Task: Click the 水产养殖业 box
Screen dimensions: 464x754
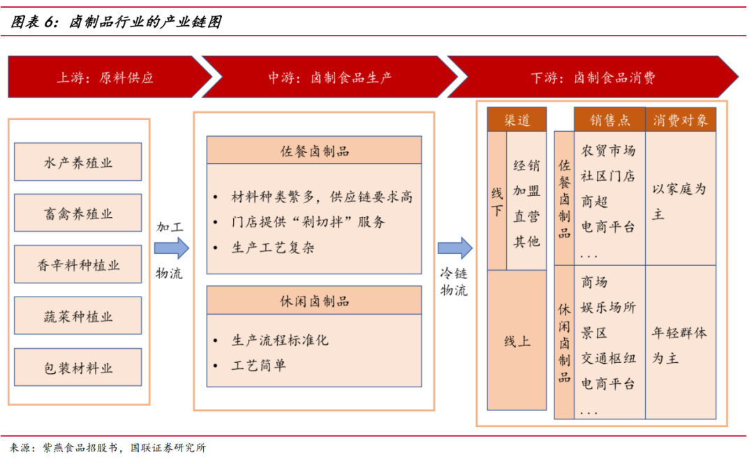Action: click(78, 163)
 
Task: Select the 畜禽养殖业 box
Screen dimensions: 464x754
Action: click(78, 214)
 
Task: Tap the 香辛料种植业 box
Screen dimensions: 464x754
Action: click(78, 264)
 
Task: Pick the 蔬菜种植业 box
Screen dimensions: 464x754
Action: click(78, 316)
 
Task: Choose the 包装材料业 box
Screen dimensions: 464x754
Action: click(78, 368)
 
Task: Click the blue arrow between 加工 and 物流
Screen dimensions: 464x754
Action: click(171, 248)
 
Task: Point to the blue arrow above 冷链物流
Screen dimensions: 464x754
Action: click(454, 248)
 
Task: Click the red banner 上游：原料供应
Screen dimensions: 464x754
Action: click(105, 77)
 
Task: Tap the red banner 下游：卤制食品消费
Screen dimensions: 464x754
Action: click(593, 77)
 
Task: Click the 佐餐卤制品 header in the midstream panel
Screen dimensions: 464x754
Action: click(314, 151)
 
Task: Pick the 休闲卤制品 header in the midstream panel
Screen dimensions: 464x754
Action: click(314, 301)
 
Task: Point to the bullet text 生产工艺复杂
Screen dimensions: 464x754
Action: click(273, 248)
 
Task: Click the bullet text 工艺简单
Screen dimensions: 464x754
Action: click(259, 365)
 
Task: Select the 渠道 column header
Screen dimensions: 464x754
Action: click(517, 120)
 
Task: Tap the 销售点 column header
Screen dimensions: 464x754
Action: click(609, 120)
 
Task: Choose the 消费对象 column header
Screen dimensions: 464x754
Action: click(681, 120)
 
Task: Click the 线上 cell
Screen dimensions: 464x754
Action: click(517, 341)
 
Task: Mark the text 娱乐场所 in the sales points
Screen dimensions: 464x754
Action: click(608, 307)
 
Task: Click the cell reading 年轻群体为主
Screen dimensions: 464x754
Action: click(679, 345)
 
